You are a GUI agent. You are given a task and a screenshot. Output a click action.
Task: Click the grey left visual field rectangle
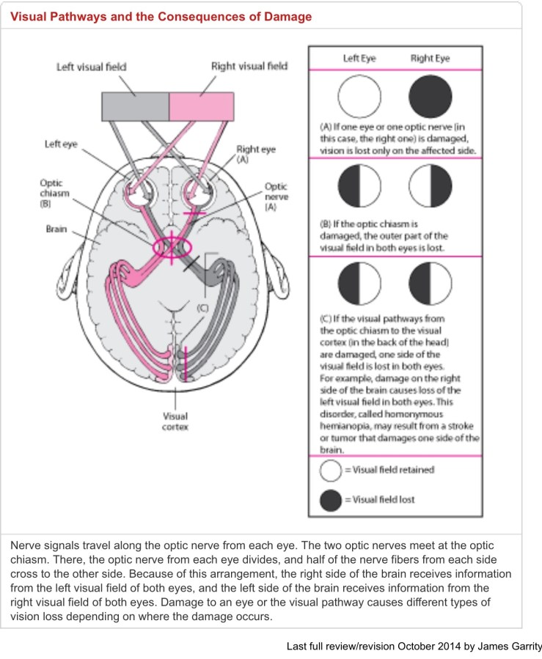click(x=135, y=106)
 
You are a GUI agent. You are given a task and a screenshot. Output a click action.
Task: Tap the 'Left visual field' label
click(x=92, y=67)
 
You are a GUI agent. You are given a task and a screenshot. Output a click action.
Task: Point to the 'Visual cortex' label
click(x=175, y=421)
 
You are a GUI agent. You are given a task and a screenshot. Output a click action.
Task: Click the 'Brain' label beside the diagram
click(x=56, y=229)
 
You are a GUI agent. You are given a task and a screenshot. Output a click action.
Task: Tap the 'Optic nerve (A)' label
click(x=276, y=197)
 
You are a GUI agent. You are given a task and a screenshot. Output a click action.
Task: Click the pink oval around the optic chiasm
click(x=169, y=246)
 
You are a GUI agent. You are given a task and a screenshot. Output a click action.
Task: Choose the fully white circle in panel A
click(x=359, y=98)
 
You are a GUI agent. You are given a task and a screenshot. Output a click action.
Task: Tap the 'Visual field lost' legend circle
click(x=331, y=500)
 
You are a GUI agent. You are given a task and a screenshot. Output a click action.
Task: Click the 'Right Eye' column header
click(x=431, y=58)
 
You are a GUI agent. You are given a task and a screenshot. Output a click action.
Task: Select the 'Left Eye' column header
click(x=359, y=58)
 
